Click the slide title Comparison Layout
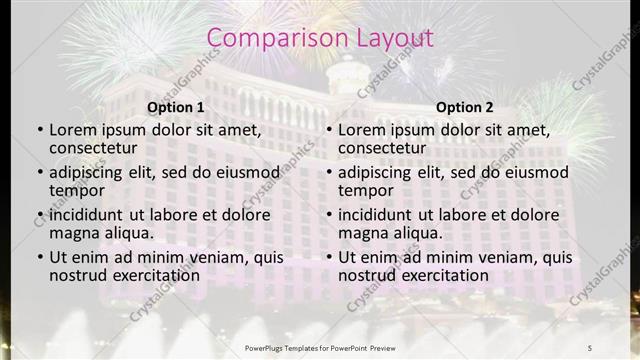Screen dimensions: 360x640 320,38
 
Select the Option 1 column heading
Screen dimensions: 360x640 176,107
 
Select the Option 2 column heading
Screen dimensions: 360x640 465,107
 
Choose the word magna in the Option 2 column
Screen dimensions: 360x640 361,233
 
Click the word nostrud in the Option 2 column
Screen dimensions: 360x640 365,275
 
